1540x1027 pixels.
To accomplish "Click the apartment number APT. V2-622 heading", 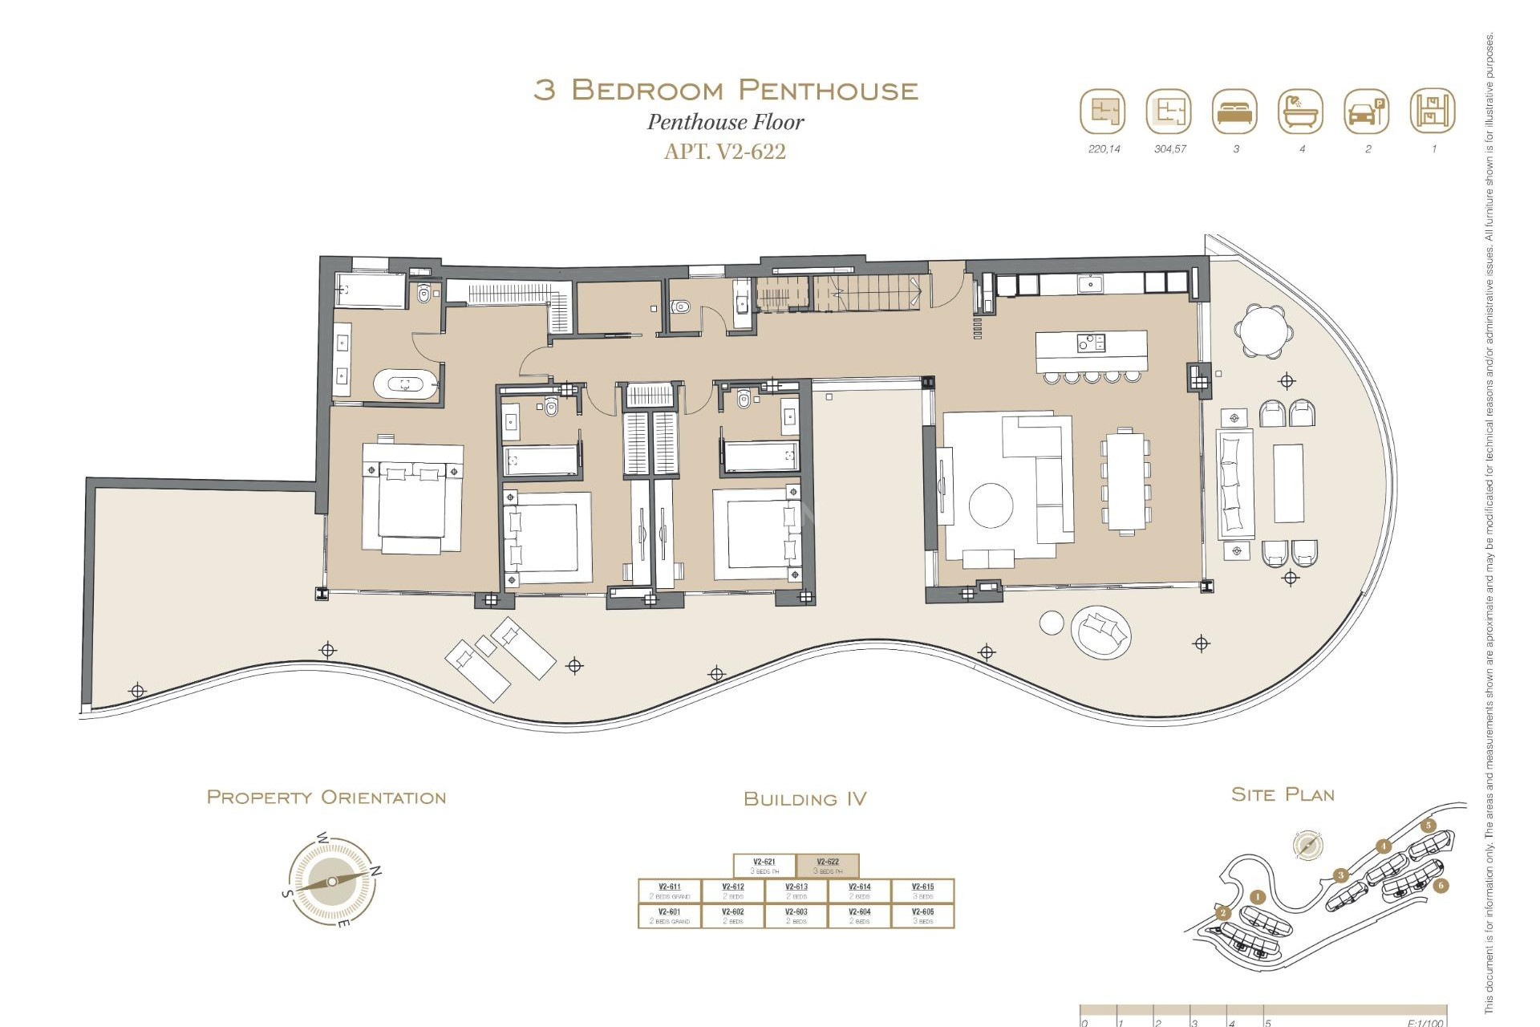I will (725, 151).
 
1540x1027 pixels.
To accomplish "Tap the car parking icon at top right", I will (1366, 112).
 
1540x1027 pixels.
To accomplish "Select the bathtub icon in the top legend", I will (1300, 112).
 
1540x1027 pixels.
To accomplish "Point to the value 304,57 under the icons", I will (1169, 149).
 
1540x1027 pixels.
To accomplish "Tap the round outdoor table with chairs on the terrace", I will (1263, 330).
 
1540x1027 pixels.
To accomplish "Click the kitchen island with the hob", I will (1091, 351).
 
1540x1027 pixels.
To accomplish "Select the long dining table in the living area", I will (1126, 481).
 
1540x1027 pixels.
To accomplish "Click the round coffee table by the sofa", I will (991, 505).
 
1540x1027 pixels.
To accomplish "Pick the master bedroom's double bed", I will (411, 497).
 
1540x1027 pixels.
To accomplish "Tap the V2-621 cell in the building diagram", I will (764, 866).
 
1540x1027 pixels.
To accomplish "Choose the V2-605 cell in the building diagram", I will (922, 915).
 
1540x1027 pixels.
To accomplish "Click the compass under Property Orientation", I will (331, 882).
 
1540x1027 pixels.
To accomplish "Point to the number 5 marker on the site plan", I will (1428, 826).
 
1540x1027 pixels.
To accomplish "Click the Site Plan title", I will (1283, 794).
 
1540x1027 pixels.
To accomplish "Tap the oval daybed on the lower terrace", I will (1101, 633).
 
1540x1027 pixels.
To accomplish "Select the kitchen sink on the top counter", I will (1091, 283).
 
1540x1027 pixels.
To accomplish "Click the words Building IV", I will (804, 798).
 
